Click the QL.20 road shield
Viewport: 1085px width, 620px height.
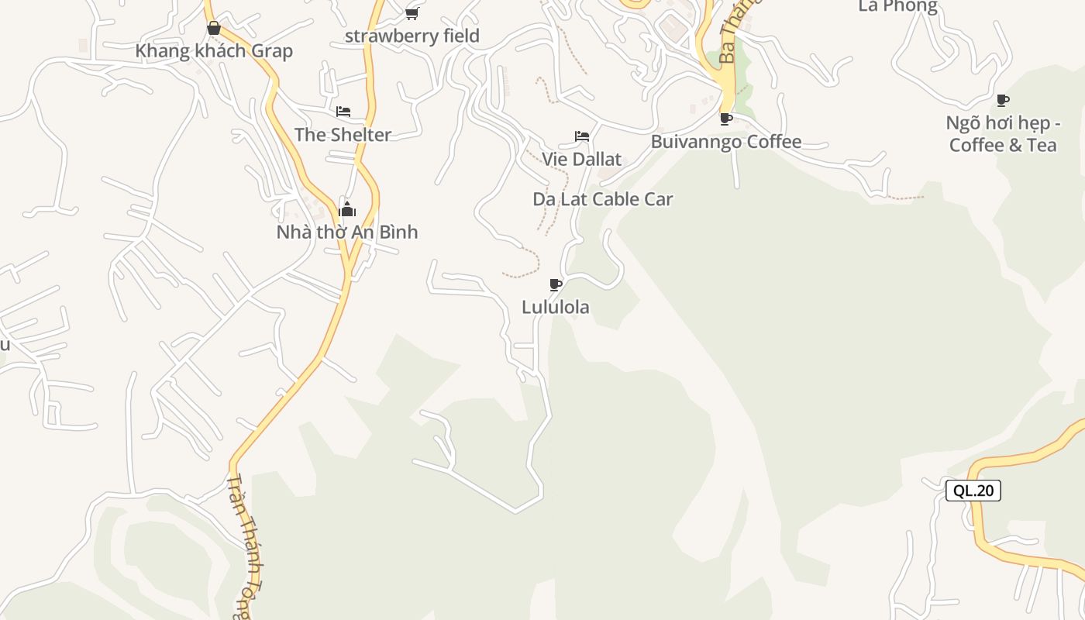click(973, 491)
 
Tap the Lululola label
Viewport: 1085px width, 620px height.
click(555, 307)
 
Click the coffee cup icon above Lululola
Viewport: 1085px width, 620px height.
click(555, 284)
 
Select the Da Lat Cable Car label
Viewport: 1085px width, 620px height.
click(602, 199)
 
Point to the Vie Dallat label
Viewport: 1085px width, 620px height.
click(581, 160)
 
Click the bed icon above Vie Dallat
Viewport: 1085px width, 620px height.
click(582, 136)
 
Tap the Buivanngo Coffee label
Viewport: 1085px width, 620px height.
click(725, 142)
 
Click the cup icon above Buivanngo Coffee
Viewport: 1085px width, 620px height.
click(725, 119)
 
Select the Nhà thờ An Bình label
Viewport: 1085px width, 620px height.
click(346, 232)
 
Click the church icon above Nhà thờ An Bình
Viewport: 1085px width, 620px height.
click(347, 209)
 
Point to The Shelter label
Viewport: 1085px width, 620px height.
click(343, 135)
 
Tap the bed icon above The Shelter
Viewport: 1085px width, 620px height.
click(343, 112)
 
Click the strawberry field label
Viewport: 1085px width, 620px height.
click(412, 36)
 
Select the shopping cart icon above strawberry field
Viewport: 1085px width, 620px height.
click(412, 13)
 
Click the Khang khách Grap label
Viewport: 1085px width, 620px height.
click(214, 51)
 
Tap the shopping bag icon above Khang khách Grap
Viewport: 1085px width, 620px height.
click(214, 29)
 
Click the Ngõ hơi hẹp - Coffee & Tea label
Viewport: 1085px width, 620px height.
click(1003, 134)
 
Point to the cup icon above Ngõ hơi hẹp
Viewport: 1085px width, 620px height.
click(1003, 100)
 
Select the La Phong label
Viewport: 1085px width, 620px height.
click(897, 7)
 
